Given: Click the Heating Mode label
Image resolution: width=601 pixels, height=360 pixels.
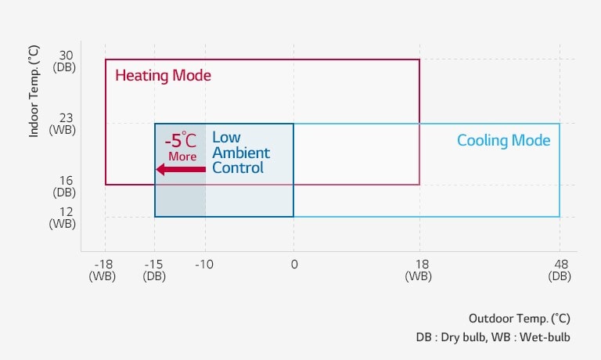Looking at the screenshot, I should point(163,76).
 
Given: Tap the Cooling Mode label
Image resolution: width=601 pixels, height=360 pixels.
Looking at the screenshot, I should point(503,141).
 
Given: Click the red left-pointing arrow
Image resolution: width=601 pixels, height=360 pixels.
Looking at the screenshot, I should point(181,168).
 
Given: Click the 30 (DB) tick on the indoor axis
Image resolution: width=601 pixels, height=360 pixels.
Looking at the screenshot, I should point(65,61).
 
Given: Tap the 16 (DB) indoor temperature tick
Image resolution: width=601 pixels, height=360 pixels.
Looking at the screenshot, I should point(65,185).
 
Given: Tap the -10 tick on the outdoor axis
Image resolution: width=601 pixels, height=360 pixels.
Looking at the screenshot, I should point(205,265).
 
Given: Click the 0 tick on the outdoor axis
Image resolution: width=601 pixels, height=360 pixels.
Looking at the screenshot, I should point(293,265).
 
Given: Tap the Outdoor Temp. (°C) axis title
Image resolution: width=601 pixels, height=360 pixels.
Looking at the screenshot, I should point(519,319).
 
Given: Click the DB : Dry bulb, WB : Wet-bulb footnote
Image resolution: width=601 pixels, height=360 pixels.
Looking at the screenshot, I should point(493,337).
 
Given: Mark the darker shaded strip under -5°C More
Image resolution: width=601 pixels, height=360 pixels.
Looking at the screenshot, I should point(180,196).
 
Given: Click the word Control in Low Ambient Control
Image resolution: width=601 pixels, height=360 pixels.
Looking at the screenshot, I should point(238,167).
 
